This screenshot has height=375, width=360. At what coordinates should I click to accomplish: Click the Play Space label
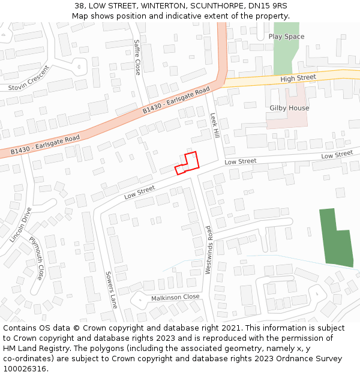(286, 37)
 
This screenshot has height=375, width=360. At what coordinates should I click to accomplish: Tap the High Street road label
(298, 78)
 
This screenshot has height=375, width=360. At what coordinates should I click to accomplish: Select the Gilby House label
(289, 108)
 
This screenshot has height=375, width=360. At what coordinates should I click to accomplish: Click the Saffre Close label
(137, 57)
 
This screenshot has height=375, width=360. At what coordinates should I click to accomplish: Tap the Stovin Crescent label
(29, 78)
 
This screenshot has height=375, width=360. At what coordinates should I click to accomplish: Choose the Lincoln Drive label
(20, 224)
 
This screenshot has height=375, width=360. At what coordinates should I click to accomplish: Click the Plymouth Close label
(37, 259)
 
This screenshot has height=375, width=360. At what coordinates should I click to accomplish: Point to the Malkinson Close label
(175, 297)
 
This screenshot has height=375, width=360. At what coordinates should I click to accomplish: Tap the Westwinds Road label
(208, 250)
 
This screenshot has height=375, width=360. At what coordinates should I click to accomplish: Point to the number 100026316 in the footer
(25, 369)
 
